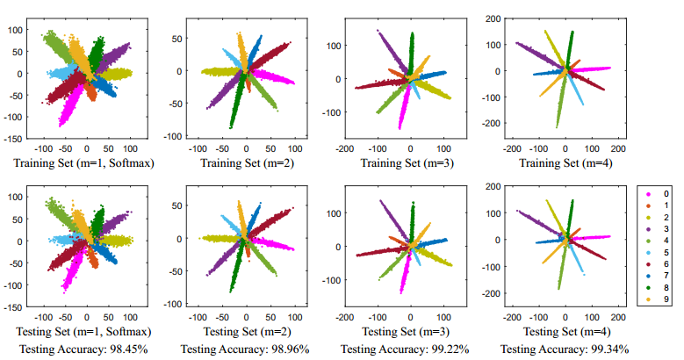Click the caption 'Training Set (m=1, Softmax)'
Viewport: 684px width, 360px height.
click(82, 162)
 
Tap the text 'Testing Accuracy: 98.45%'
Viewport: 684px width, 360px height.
click(82, 349)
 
